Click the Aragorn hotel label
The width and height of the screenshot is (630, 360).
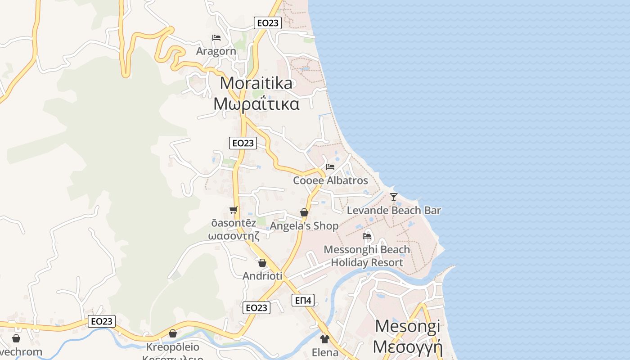click(x=216, y=51)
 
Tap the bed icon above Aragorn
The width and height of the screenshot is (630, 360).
click(x=216, y=38)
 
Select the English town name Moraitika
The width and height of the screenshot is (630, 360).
click(x=256, y=83)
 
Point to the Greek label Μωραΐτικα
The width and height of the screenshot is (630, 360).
click(x=256, y=104)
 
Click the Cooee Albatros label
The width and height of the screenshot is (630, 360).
click(x=330, y=180)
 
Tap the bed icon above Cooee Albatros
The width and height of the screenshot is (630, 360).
click(x=330, y=167)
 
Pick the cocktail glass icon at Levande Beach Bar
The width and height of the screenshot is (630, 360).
click(x=394, y=197)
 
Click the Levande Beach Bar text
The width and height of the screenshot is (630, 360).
click(x=394, y=210)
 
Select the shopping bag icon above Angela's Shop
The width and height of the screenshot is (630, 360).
click(x=304, y=212)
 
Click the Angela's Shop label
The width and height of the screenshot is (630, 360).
click(x=304, y=226)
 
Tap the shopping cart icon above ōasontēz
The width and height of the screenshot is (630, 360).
click(x=233, y=210)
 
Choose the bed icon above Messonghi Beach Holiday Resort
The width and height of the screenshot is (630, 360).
click(x=367, y=236)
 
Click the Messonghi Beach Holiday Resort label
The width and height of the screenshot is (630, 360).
click(x=367, y=256)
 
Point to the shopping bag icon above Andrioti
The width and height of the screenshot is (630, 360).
click(x=262, y=263)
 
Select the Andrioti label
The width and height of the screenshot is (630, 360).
click(x=262, y=276)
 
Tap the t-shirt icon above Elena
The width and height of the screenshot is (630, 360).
click(x=325, y=339)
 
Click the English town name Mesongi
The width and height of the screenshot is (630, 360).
click(x=408, y=326)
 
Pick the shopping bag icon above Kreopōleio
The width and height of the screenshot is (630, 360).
click(x=172, y=333)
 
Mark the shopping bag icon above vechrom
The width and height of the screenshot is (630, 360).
click(x=16, y=338)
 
